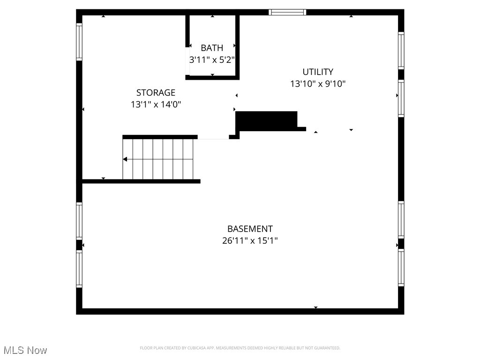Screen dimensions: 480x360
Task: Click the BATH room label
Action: tap(212, 48)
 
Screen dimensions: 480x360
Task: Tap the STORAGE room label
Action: tap(156, 92)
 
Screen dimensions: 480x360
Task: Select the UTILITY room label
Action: tap(318, 72)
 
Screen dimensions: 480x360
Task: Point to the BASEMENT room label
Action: tap(250, 229)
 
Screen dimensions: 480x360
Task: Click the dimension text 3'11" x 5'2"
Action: tap(212, 60)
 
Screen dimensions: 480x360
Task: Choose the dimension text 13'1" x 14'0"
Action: tap(156, 105)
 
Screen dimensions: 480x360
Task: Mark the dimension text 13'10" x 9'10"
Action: tap(318, 83)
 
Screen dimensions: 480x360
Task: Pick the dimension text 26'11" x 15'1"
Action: tap(250, 240)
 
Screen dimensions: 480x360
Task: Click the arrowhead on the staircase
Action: tap(125, 159)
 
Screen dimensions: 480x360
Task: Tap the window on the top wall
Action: tap(287, 12)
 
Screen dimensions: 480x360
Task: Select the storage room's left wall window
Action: tap(79, 42)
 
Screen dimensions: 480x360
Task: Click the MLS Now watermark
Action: tap(25, 350)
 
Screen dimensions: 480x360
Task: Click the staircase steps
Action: tap(158, 159)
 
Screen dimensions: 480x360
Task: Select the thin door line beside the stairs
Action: tap(213, 139)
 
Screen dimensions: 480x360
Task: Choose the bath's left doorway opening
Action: tap(187, 61)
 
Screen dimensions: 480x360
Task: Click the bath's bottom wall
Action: tap(212, 78)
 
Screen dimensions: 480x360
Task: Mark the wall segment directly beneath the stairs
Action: tap(141, 181)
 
